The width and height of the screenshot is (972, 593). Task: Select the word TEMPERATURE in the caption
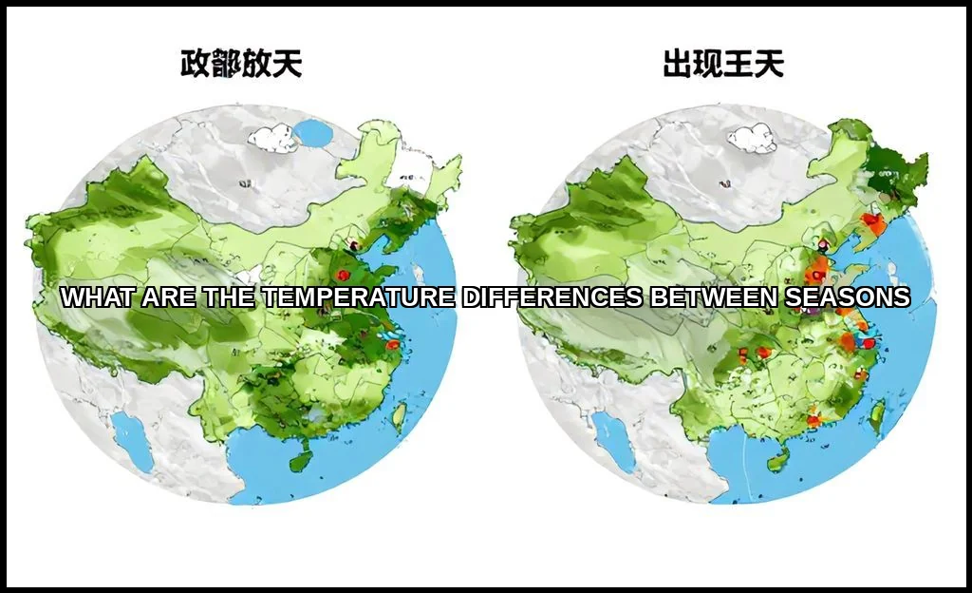coord(359,297)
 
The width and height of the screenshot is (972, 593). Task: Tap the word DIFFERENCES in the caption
coord(552,297)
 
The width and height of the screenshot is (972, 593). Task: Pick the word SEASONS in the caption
coord(847,297)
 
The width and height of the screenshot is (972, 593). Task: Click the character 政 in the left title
coord(196,64)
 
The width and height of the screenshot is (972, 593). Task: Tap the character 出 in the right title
coord(678,64)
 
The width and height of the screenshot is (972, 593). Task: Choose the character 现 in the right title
coord(708,64)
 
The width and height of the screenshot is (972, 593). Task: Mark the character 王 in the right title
coord(739,64)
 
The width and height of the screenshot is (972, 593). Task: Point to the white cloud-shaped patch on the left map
coord(273,139)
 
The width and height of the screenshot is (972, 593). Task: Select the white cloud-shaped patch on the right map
coord(753,140)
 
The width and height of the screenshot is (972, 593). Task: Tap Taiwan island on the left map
coord(399,414)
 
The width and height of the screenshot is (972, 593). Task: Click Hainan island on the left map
coord(301,462)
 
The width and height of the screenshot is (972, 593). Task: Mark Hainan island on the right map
coord(778,462)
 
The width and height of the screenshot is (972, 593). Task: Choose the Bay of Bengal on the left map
coord(132,439)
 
